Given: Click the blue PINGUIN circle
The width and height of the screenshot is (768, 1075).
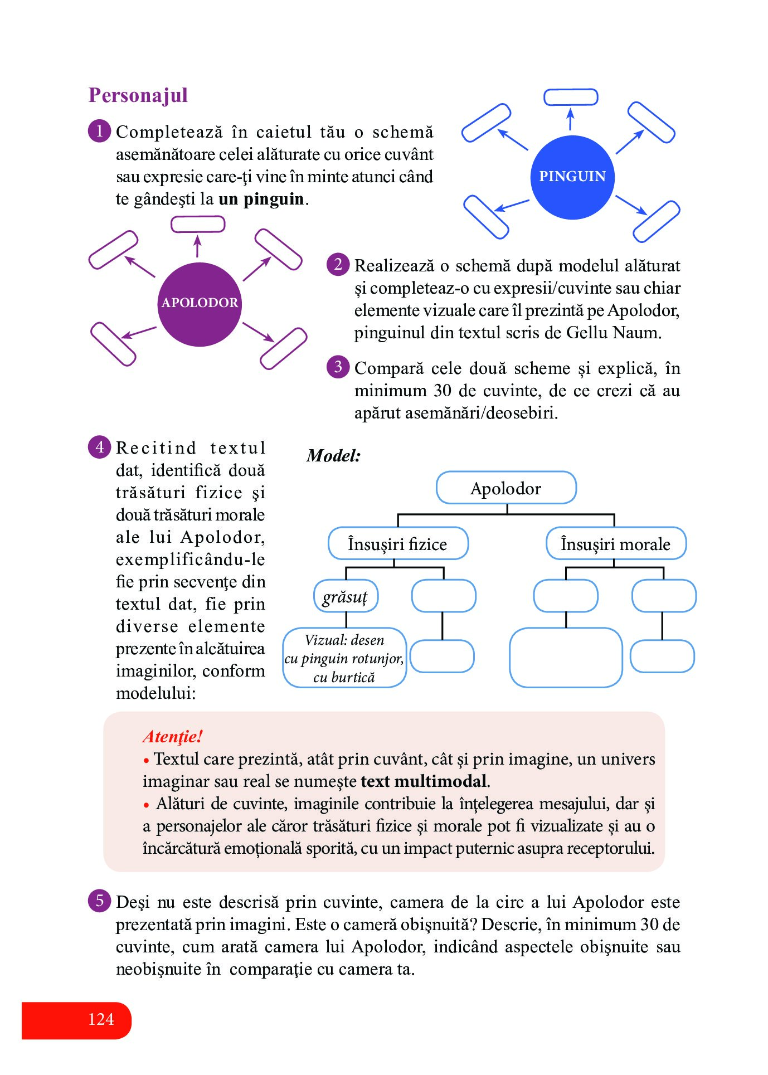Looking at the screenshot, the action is point(572,177).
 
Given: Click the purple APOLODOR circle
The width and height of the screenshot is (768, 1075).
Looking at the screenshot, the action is point(200,304).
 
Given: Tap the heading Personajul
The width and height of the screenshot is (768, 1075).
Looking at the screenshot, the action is point(138,95).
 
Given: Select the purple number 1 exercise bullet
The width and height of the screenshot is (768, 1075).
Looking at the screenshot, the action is point(100,132).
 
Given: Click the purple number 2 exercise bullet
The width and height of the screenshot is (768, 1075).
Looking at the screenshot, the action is point(338,264).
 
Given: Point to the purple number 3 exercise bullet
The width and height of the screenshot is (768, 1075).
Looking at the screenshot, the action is point(338,367).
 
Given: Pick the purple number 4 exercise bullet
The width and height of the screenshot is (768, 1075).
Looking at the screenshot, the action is point(100,447).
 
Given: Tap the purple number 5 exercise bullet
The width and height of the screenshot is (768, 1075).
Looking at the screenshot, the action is point(100,901).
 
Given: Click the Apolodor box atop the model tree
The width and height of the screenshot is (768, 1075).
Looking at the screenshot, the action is point(506,488).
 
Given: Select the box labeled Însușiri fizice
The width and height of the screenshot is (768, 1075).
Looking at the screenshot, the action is point(398,543).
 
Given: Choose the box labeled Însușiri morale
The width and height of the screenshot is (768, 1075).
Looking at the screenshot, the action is point(616,543).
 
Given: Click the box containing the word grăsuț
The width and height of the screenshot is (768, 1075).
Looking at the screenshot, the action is point(346,596).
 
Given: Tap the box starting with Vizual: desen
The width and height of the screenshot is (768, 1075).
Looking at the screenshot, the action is point(344,658).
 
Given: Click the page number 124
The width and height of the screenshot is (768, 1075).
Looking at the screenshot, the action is point(101,1019).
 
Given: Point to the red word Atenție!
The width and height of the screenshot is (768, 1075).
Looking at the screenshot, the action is point(173,737).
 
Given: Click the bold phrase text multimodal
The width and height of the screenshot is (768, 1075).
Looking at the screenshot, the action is point(424,781).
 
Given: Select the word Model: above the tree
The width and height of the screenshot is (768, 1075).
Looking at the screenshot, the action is point(334,456).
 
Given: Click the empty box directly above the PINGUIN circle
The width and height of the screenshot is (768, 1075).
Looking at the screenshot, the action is point(571,97).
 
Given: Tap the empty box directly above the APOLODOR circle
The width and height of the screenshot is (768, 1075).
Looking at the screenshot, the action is point(198,224).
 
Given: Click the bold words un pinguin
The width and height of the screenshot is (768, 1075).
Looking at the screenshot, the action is point(261,199).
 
